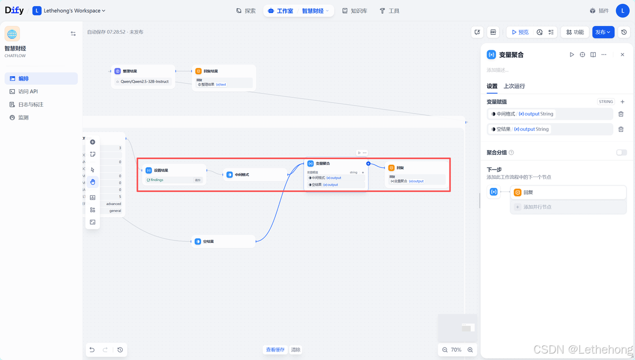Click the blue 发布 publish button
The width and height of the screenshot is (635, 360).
coord(603,32)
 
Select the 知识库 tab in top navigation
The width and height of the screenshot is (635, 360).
coord(355,11)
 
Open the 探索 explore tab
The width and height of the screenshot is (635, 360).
coord(246,11)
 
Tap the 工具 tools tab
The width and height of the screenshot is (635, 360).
coord(389,11)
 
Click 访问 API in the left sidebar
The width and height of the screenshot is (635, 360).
coord(28,92)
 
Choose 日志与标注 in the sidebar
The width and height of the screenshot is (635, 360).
coord(31,105)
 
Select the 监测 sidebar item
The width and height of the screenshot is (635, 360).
coord(23,118)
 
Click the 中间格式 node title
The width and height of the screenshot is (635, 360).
coord(242,175)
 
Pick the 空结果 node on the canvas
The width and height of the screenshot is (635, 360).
coord(208,241)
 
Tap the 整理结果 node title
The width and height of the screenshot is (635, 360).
coord(129,71)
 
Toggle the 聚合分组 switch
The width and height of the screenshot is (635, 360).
coord(622,153)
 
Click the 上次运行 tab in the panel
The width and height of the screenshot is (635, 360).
coord(514,86)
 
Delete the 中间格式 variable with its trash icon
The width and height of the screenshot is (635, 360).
coord(621,114)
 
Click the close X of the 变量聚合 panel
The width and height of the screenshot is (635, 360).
coord(623,55)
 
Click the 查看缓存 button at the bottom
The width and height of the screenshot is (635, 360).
coord(275,350)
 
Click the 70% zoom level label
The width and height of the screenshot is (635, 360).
coord(456,350)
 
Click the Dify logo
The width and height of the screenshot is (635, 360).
coord(14,10)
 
